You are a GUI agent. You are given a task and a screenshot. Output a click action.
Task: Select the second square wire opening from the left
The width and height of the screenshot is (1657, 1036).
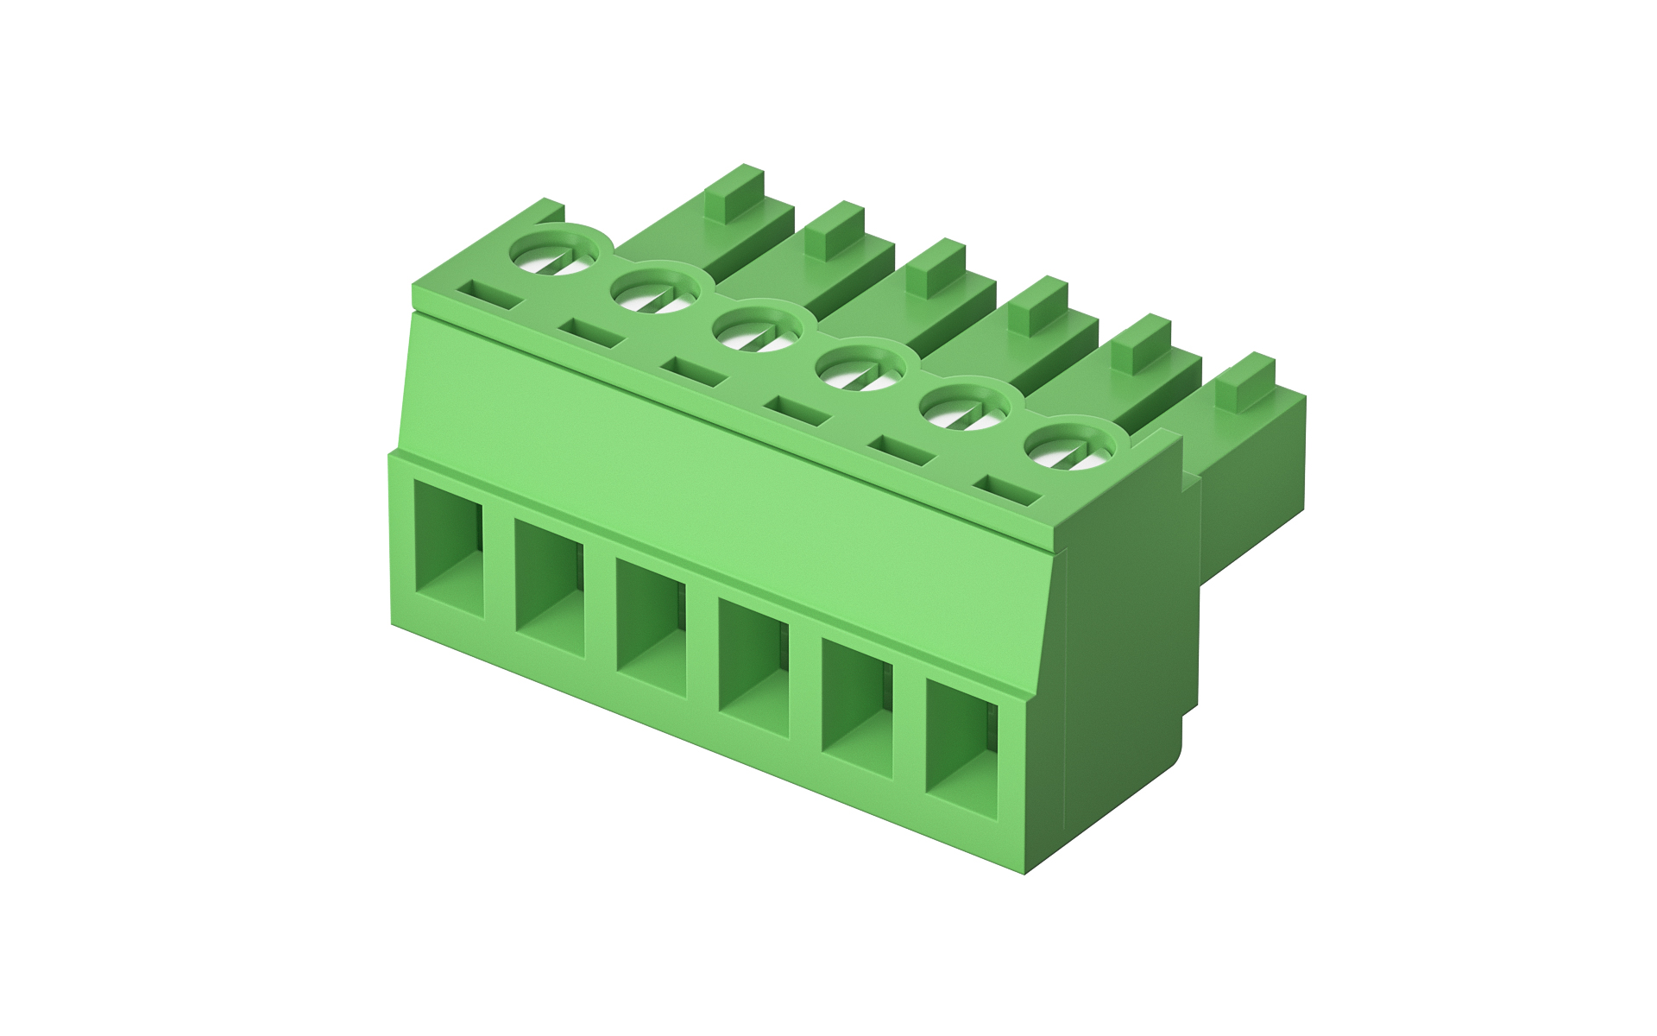click(550, 588)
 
